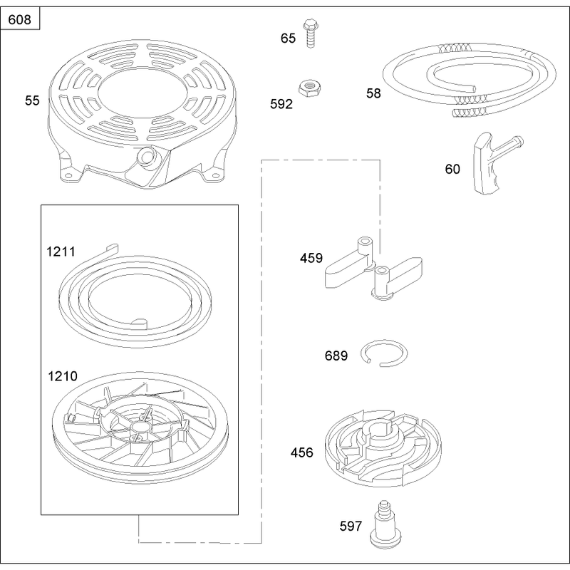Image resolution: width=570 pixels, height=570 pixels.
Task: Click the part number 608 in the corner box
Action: pos(19,19)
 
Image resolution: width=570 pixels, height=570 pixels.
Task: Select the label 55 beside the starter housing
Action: pos(32,100)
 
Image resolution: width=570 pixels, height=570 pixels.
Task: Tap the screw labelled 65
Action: pos(310,33)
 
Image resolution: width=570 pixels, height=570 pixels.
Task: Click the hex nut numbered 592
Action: pos(309,88)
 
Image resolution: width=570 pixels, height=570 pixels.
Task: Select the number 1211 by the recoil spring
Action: pos(61,252)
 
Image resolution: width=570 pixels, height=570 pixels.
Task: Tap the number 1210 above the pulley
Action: pos(63,376)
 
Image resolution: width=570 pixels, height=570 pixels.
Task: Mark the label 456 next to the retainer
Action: pos(301,452)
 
